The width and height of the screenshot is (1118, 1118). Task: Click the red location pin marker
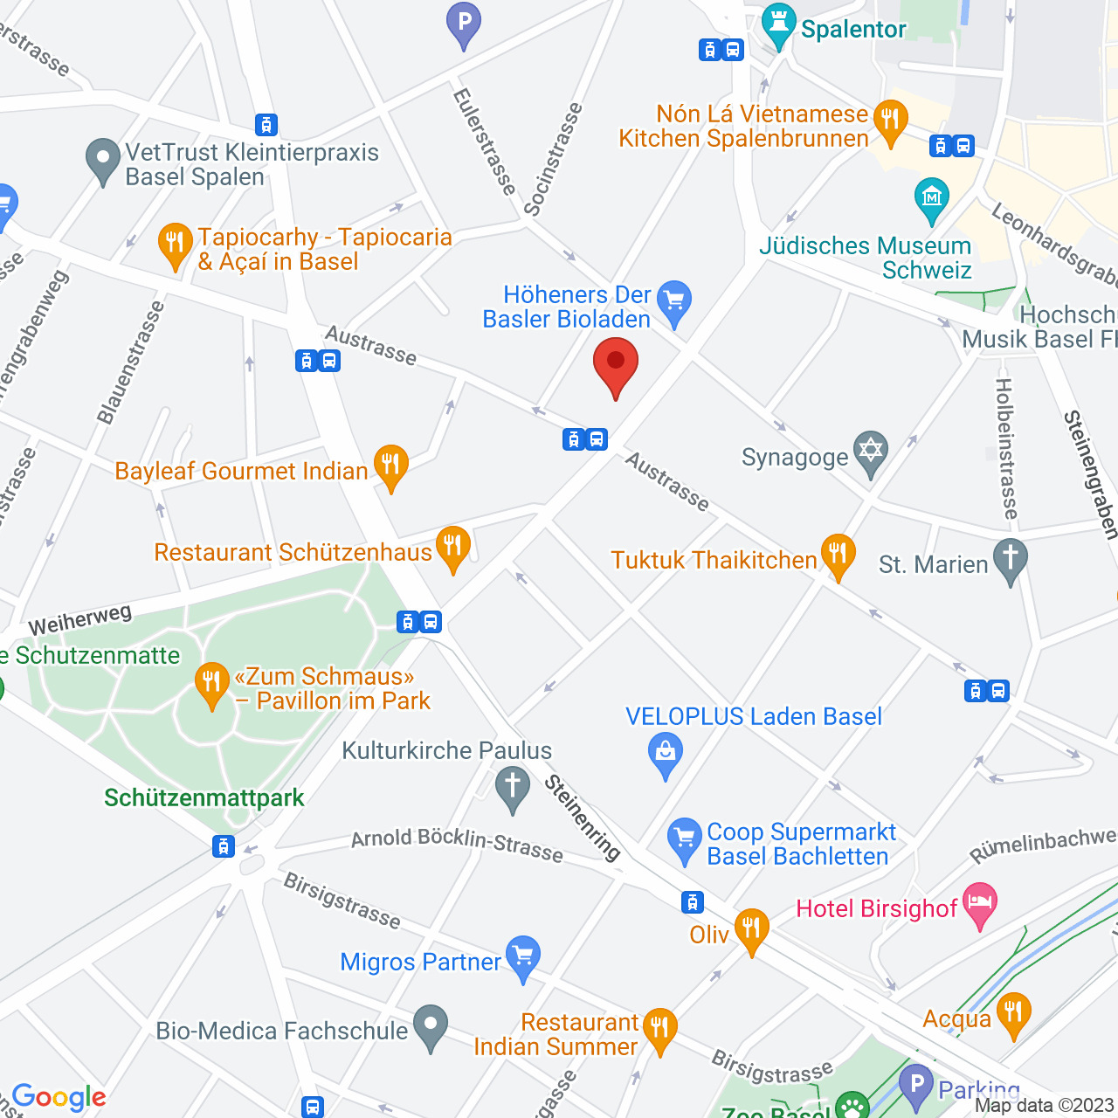click(x=616, y=362)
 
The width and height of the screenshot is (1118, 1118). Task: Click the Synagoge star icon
click(x=870, y=452)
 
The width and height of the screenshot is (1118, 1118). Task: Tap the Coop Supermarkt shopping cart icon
click(x=685, y=838)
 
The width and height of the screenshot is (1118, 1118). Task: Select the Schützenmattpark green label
click(x=204, y=797)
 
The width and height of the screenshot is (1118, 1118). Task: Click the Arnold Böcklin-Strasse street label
click(x=457, y=844)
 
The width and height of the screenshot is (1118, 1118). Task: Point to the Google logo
click(x=59, y=1097)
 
